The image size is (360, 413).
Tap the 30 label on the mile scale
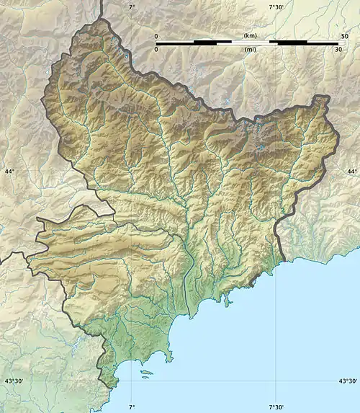(338, 49)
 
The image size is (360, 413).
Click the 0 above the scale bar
(156, 35)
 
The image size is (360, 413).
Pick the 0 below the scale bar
(156, 49)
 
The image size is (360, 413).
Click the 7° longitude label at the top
(131, 6)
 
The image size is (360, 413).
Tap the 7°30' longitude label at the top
(276, 6)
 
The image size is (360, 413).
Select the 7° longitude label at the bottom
(131, 407)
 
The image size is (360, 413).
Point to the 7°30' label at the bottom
(276, 407)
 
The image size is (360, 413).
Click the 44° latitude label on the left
(9, 172)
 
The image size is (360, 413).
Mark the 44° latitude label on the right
(351, 172)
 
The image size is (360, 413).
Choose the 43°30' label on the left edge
(15, 381)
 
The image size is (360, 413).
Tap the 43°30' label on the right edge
(345, 381)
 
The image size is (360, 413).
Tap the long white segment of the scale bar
(251, 43)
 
